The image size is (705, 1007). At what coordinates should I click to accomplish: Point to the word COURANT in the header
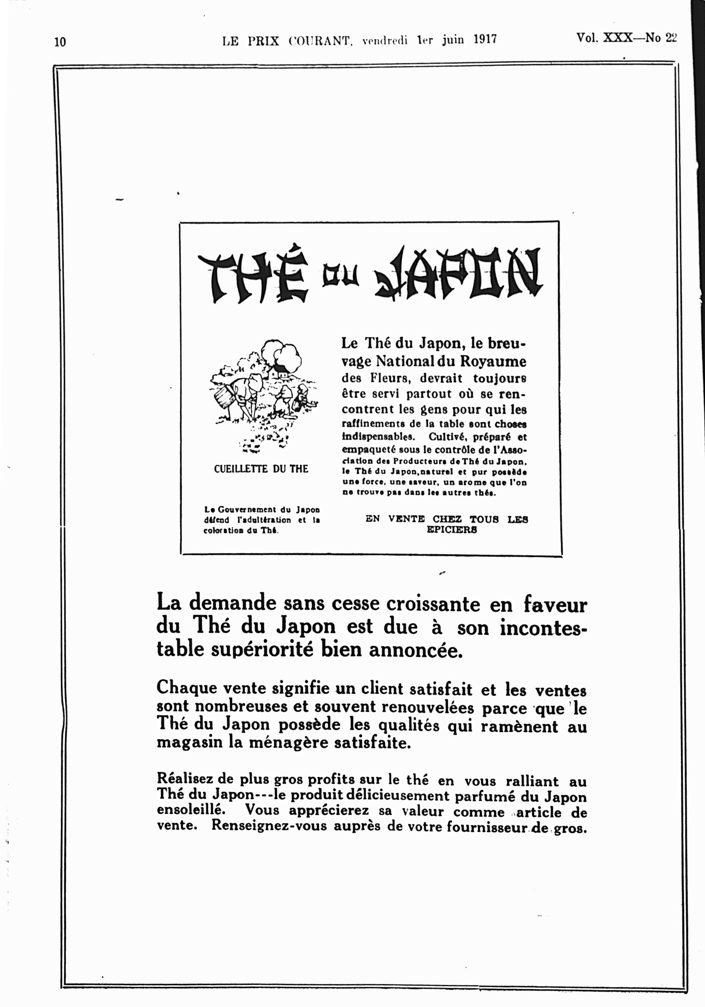[x=320, y=41]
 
